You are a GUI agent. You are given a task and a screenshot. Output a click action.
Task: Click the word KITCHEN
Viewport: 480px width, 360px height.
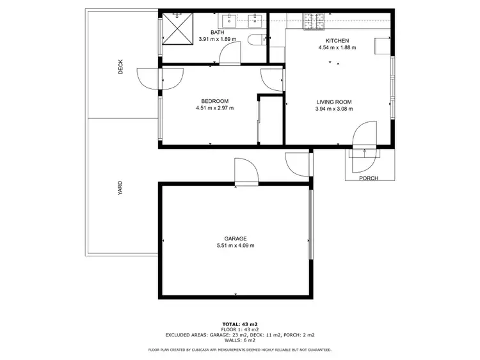[337, 40]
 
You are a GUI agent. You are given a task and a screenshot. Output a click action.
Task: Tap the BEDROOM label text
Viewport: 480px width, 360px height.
[214, 101]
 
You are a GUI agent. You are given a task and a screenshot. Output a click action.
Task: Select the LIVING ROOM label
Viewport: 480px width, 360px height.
[334, 102]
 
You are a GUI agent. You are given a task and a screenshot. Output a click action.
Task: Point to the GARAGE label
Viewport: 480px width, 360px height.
[236, 239]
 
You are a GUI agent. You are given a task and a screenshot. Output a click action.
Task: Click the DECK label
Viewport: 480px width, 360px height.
[120, 67]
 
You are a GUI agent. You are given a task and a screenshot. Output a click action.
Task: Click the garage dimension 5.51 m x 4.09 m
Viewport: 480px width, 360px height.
[236, 246]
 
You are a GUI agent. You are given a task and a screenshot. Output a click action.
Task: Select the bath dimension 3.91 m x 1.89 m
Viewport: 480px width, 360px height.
[217, 39]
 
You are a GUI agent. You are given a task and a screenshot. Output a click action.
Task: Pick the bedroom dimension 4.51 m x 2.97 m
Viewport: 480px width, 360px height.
[214, 108]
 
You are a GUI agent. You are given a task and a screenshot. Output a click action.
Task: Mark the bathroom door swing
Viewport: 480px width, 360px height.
[228, 56]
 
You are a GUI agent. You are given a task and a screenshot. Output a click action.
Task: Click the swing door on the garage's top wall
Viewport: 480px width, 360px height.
[246, 172]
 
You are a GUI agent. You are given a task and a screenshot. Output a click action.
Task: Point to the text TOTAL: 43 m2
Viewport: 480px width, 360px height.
[240, 324]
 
